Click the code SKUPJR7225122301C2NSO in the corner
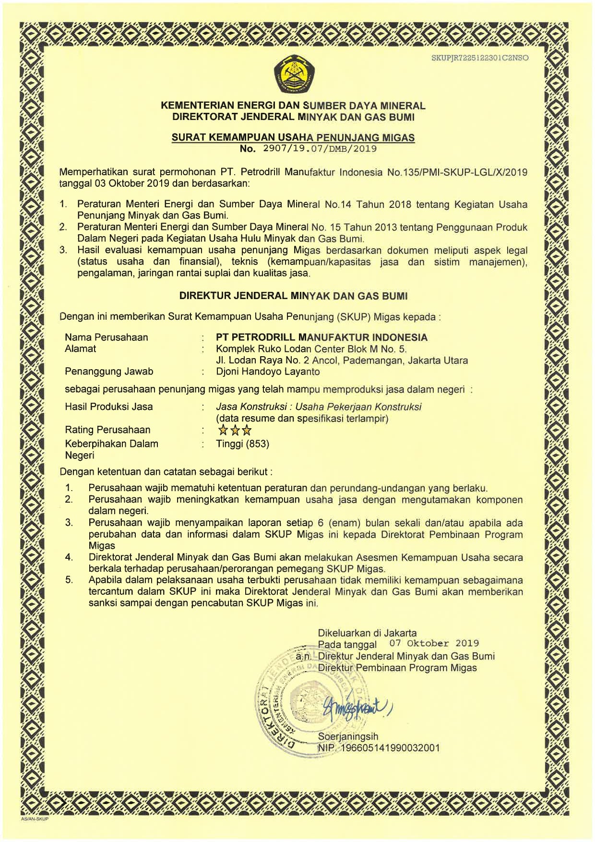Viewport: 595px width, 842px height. pyautogui.click(x=480, y=58)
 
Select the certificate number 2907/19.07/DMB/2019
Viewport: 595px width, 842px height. pyautogui.click(x=320, y=149)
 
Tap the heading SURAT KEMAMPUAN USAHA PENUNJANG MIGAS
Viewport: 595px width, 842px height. pyautogui.click(x=293, y=138)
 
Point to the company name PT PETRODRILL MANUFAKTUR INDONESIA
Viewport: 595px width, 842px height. pyautogui.click(x=321, y=337)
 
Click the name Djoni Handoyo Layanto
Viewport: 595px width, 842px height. pyautogui.click(x=268, y=372)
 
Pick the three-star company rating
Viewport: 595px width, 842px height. pyautogui.click(x=235, y=430)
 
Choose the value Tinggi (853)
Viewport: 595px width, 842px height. pyautogui.click(x=242, y=444)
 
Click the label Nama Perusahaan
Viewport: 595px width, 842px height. pyautogui.click(x=107, y=337)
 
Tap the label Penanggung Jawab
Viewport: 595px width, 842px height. pyautogui.click(x=109, y=372)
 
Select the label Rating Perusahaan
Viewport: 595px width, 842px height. pyautogui.click(x=107, y=430)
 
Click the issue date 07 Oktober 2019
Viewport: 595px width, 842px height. pyautogui.click(x=434, y=643)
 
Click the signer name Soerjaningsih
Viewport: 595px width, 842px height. pyautogui.click(x=348, y=736)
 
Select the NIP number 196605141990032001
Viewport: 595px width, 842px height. pyautogui.click(x=389, y=748)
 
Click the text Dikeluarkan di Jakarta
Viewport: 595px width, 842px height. pyautogui.click(x=367, y=633)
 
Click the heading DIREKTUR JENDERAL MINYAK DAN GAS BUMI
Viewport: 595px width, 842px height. pyautogui.click(x=293, y=296)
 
